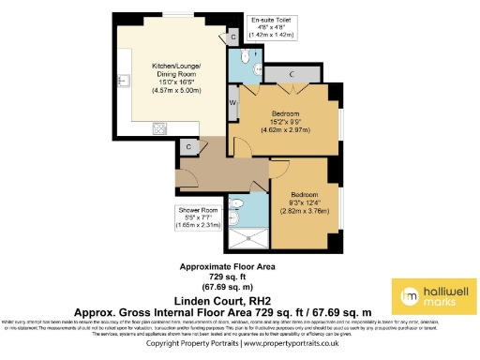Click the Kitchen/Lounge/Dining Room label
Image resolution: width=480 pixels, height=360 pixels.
[172, 69]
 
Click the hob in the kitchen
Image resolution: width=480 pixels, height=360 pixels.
[158, 128]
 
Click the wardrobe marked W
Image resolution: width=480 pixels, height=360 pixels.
[232, 101]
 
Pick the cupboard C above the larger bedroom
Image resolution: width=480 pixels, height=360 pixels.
[292, 74]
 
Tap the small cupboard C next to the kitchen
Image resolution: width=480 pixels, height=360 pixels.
[189, 146]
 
